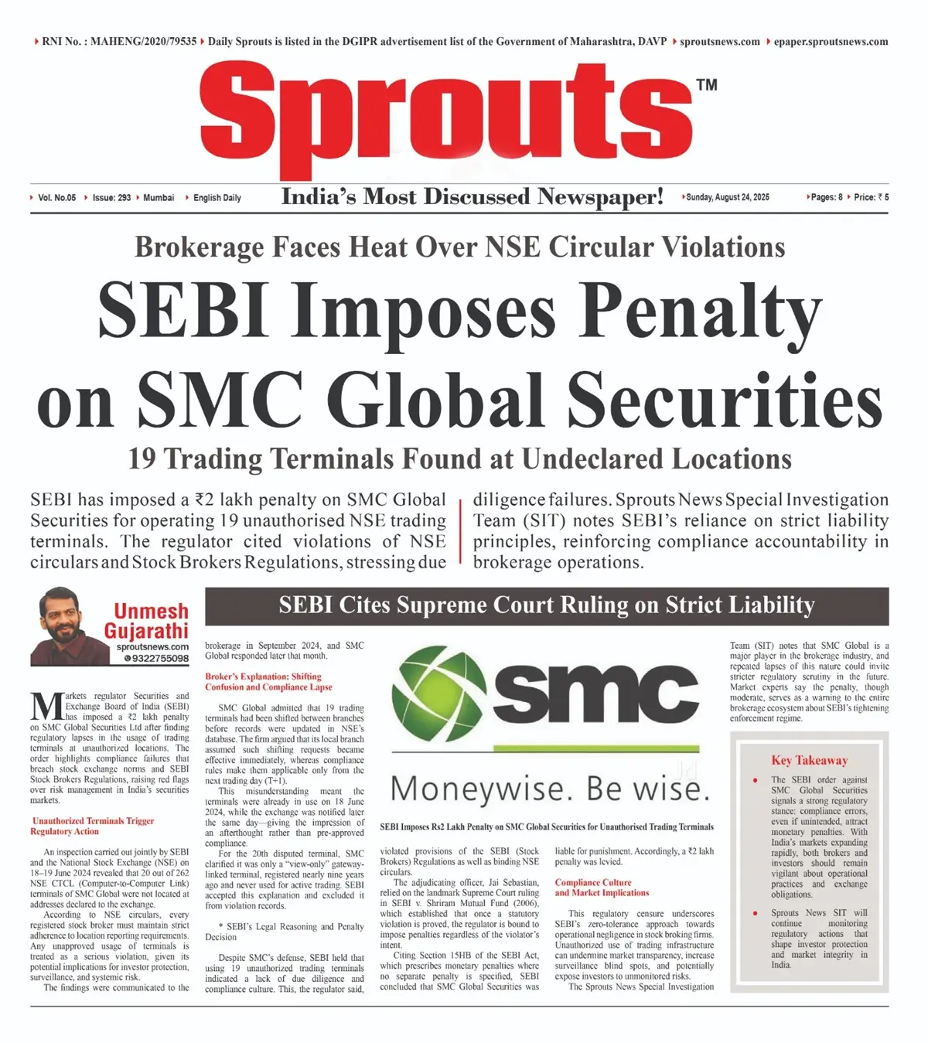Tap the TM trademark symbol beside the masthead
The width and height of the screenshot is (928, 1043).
click(707, 85)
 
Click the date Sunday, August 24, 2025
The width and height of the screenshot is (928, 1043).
click(727, 197)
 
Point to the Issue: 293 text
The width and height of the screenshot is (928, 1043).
click(111, 198)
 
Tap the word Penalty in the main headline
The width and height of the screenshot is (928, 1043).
click(700, 309)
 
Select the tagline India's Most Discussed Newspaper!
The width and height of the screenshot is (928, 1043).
click(472, 197)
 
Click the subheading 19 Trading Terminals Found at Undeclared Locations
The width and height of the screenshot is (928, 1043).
click(459, 458)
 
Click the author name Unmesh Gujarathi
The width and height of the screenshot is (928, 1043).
click(147, 621)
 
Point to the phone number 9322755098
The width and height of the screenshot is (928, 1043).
click(159, 659)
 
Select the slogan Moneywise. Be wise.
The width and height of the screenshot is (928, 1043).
click(550, 789)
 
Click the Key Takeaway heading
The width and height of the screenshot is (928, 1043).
click(809, 760)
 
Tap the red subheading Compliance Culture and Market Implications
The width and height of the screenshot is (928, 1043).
click(602, 888)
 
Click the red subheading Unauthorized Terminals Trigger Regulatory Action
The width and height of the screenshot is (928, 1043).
click(93, 826)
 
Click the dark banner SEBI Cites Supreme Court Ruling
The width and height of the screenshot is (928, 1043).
click(546, 605)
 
